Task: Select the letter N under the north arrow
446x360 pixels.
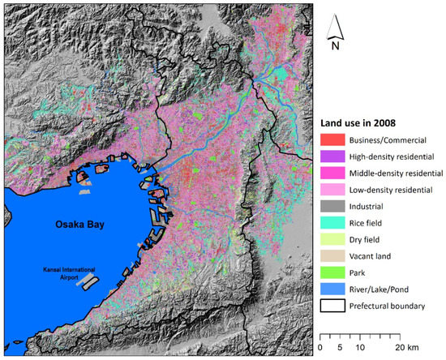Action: [334, 46]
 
